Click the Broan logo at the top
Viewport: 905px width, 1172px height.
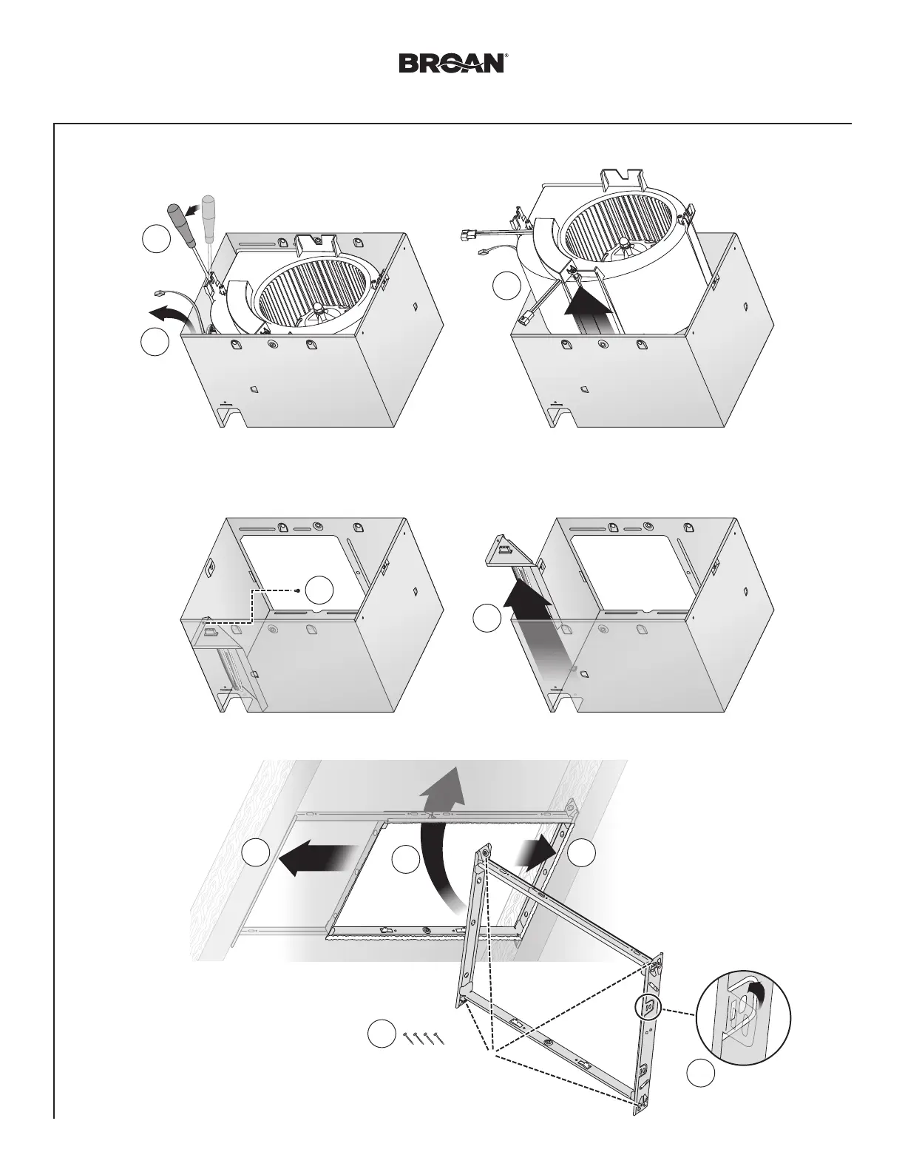pos(452,63)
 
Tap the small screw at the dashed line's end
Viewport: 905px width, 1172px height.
pos(297,590)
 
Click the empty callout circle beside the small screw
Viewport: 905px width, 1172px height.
pos(320,590)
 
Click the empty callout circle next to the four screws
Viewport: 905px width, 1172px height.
pos(382,1034)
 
